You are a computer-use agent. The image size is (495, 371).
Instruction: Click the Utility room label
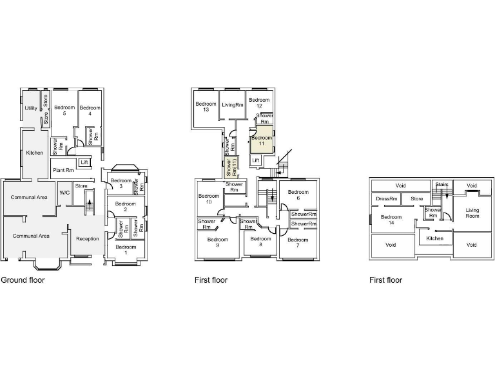click(x=31, y=108)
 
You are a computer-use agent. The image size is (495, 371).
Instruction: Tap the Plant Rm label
click(x=63, y=170)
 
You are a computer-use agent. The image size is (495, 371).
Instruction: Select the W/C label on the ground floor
click(x=64, y=192)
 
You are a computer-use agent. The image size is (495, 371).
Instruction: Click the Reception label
click(x=87, y=239)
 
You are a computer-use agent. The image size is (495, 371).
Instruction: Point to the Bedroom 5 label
click(x=64, y=110)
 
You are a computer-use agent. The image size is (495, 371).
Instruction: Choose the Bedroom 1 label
click(x=126, y=250)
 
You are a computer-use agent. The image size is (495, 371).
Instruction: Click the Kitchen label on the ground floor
click(x=34, y=153)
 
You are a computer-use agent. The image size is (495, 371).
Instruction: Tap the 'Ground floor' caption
click(x=23, y=280)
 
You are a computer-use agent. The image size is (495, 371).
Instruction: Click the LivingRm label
click(x=233, y=105)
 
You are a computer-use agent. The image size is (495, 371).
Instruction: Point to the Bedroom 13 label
click(x=206, y=107)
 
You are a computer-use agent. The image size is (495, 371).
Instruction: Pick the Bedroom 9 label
click(x=218, y=243)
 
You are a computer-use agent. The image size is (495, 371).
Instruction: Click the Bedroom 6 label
click(x=298, y=195)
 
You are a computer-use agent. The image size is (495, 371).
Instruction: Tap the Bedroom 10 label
click(x=209, y=199)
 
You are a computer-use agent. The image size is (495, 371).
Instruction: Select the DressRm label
click(x=386, y=199)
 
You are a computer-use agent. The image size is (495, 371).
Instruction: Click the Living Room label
click(x=472, y=213)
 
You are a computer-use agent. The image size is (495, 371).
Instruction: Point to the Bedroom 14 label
click(x=391, y=220)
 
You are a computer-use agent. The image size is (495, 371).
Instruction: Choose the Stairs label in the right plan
click(x=442, y=185)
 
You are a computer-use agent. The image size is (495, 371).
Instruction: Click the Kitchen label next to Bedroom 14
click(x=435, y=238)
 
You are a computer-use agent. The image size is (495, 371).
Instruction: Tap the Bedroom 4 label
click(x=90, y=110)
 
